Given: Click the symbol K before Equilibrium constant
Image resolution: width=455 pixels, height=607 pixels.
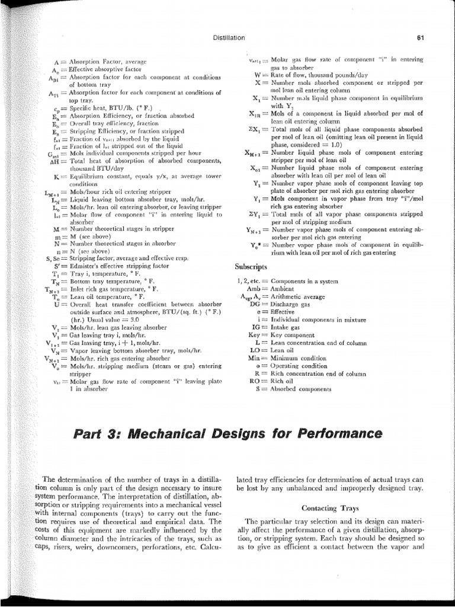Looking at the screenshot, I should [x=55, y=176].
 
